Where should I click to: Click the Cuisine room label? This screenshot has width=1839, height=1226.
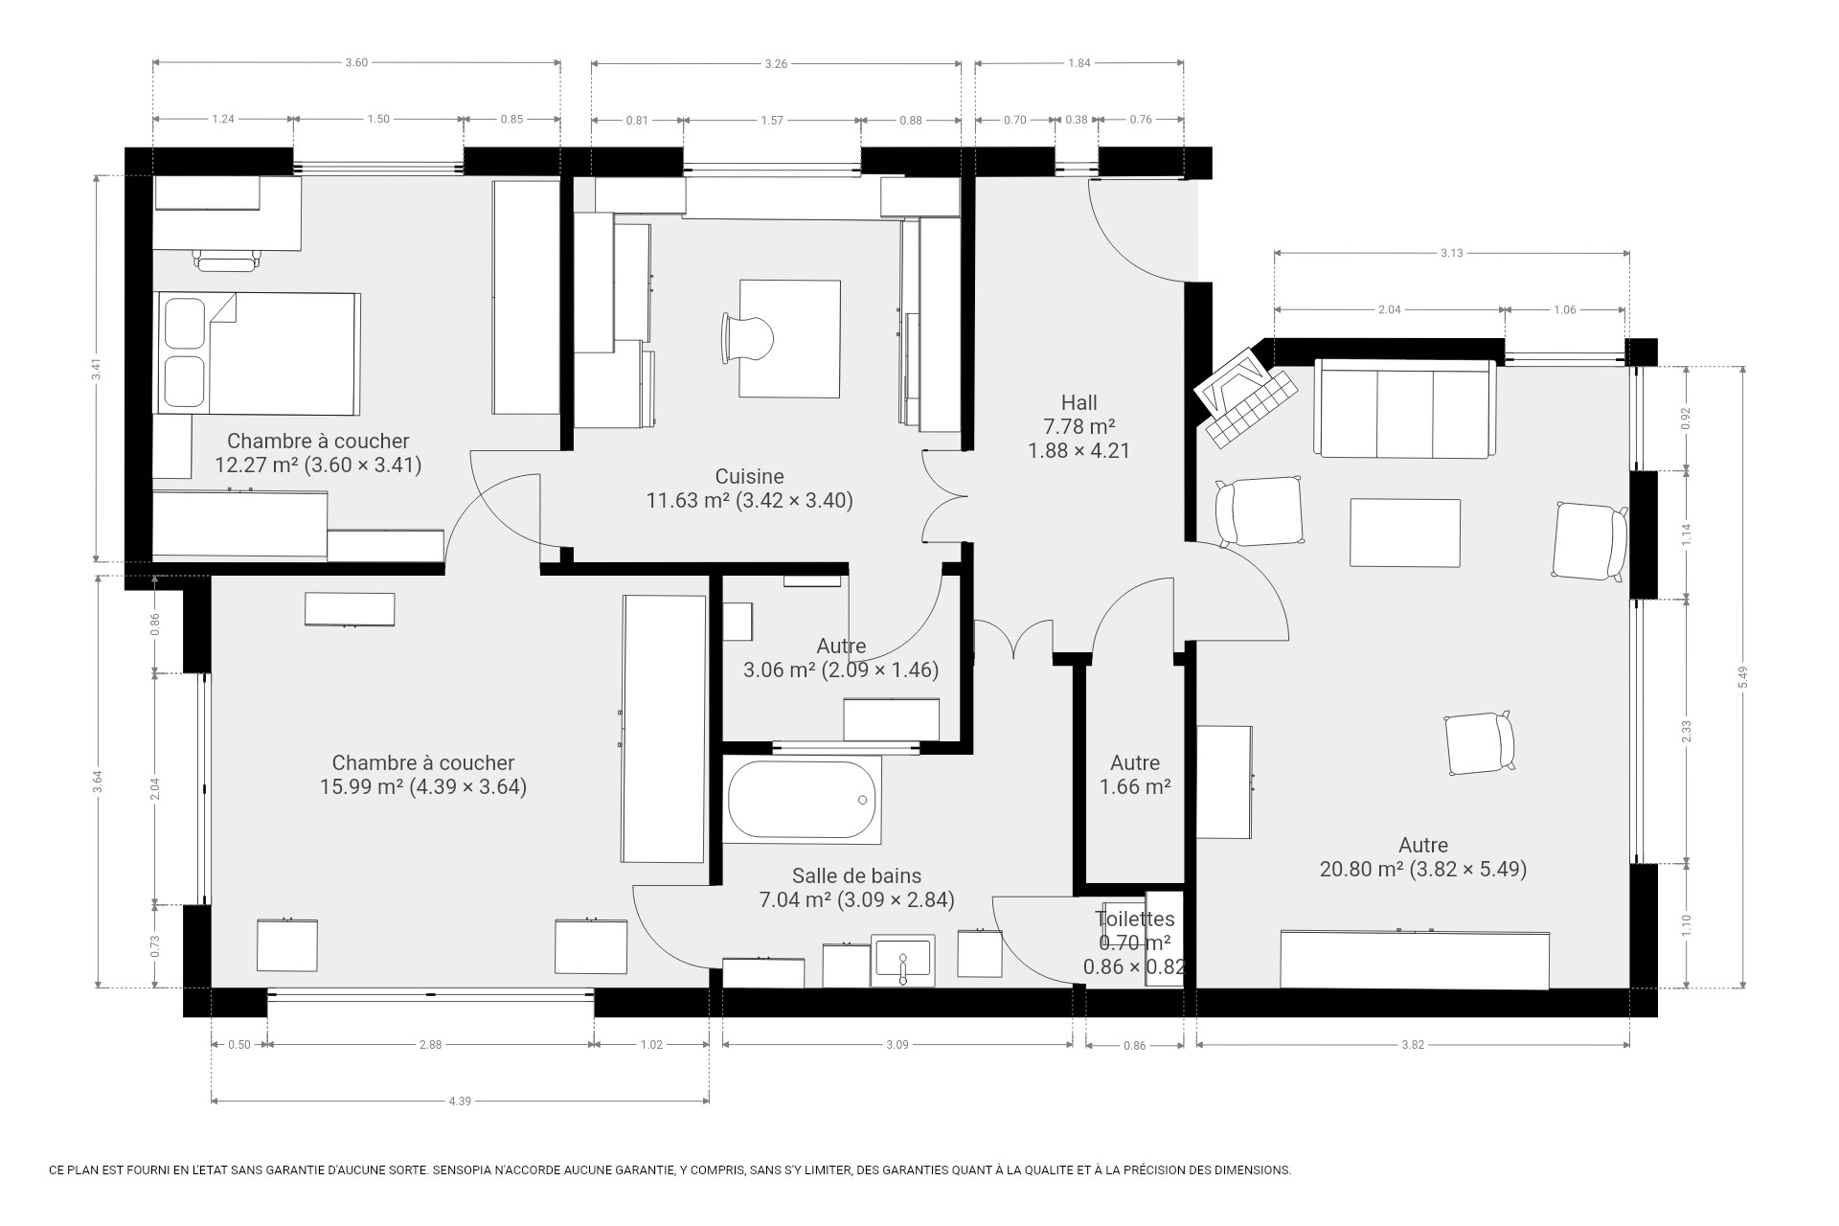(x=749, y=476)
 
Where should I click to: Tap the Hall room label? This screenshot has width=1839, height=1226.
(x=1078, y=402)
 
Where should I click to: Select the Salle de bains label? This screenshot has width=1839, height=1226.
(x=856, y=875)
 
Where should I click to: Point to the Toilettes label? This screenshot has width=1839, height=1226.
(x=1135, y=919)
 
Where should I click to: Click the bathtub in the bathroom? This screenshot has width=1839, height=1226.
(x=802, y=800)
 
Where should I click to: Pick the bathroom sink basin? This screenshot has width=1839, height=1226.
(x=902, y=961)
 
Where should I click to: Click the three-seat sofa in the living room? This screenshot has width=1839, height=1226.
(x=1404, y=409)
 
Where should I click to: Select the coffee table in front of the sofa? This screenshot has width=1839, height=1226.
(x=1405, y=534)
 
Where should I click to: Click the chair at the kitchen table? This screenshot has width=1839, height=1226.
(x=746, y=338)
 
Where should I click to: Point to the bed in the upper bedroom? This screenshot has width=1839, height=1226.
(x=259, y=352)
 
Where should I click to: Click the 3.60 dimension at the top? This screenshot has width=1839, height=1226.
(x=356, y=63)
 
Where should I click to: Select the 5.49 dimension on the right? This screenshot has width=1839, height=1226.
(x=1743, y=676)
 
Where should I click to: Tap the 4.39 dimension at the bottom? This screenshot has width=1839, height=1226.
(x=460, y=1101)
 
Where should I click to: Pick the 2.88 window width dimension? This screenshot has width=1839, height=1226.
(x=430, y=1045)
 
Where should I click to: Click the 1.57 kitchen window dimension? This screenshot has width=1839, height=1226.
(x=772, y=120)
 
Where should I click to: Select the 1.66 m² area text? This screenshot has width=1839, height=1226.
(x=1135, y=787)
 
